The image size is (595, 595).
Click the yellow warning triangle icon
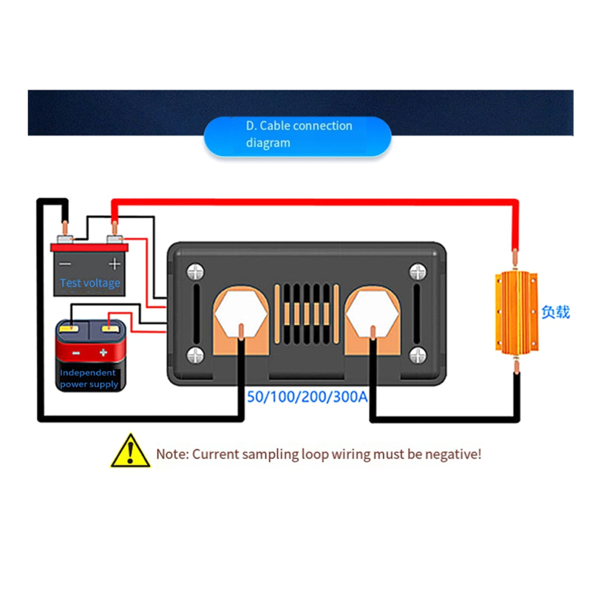pos(130,451)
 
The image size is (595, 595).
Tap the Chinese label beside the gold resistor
pos(555,312)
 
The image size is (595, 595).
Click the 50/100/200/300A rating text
pos(308,397)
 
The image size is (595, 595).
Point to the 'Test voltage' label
pos(90,282)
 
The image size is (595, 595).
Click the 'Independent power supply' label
pos(89,379)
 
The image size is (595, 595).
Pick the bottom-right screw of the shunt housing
pos(417,355)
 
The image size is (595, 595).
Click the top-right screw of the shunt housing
pos(417,272)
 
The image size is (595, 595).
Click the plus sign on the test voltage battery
pos(114,264)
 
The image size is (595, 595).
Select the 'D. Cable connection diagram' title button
pos(298,135)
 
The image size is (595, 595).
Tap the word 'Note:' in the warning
pos(172,454)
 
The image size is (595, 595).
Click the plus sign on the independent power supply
pos(103,353)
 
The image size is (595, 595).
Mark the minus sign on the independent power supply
pos(76,353)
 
